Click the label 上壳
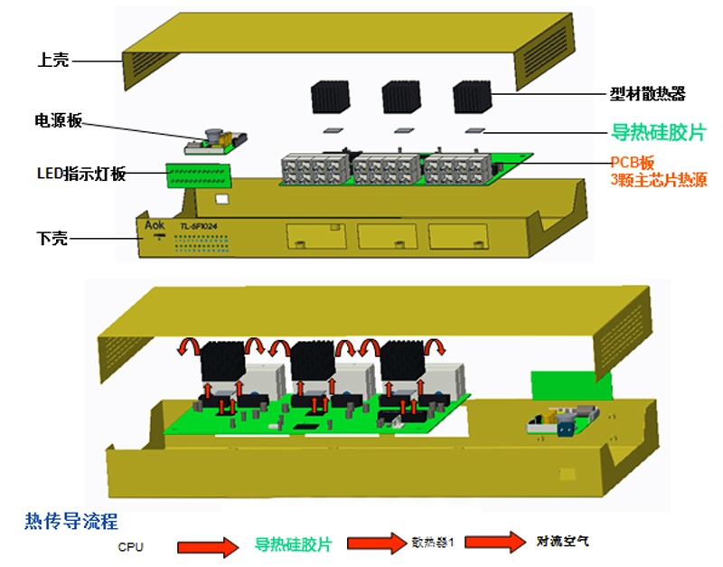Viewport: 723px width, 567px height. pos(53,61)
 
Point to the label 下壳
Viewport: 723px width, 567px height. pos(53,239)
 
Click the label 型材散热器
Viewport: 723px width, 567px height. pos(647,93)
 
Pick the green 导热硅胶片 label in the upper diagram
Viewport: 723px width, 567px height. pos(658,132)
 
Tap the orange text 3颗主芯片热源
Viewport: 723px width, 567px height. pos(658,180)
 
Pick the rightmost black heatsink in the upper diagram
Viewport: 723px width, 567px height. pos(470,95)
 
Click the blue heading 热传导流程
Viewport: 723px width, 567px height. pos(71,521)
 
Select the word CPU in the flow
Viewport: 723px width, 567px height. pos(130,546)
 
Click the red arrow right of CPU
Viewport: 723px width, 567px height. pos(210,546)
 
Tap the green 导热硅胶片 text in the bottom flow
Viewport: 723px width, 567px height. pos(293,545)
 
